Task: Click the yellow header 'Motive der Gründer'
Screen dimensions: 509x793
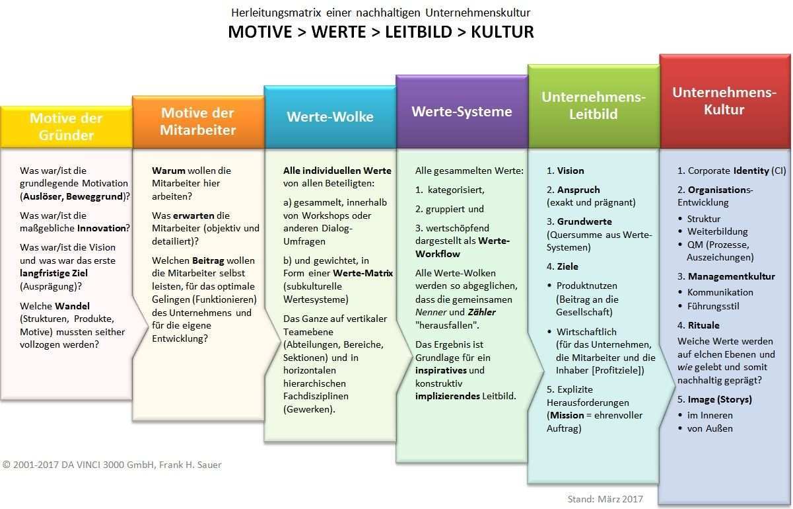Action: tap(66, 127)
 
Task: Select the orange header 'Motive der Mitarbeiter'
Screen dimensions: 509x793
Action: tap(198, 122)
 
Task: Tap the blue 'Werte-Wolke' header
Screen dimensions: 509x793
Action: tap(330, 117)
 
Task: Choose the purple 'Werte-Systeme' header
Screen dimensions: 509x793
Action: tap(462, 111)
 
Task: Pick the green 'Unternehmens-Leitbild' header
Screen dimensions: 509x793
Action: tap(593, 105)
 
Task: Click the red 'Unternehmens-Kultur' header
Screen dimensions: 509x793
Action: tap(724, 100)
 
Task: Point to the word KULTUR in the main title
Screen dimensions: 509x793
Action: tap(502, 32)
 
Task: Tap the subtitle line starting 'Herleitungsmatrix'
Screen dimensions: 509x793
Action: tap(380, 13)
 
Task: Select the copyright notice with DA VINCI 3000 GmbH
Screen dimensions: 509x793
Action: tap(112, 465)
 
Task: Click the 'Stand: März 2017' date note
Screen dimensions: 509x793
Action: tap(605, 499)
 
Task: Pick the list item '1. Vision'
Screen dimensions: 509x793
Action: tap(565, 171)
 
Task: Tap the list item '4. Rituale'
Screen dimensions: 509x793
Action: tap(698, 325)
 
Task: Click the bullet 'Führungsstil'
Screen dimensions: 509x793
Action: tap(713, 306)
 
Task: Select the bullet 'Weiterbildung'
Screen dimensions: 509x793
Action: tap(717, 231)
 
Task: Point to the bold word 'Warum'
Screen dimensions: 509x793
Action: tap(168, 171)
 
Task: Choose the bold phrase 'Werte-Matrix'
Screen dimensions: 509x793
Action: tap(362, 273)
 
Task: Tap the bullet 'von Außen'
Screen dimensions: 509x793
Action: tap(710, 428)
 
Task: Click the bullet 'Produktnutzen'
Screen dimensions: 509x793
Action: tap(587, 286)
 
